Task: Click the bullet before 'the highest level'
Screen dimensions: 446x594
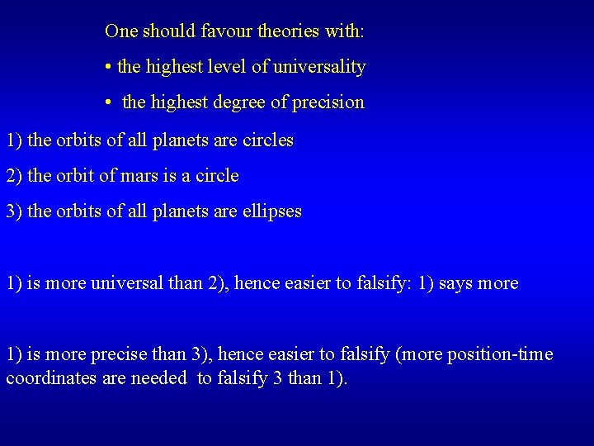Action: click(x=109, y=67)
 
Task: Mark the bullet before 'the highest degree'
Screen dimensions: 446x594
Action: click(x=109, y=102)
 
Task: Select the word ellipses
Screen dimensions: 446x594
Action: click(x=272, y=211)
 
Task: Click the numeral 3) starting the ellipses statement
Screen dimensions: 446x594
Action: click(x=14, y=211)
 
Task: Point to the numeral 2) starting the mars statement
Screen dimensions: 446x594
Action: click(x=14, y=176)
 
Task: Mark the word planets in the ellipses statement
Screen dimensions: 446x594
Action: click(x=181, y=211)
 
